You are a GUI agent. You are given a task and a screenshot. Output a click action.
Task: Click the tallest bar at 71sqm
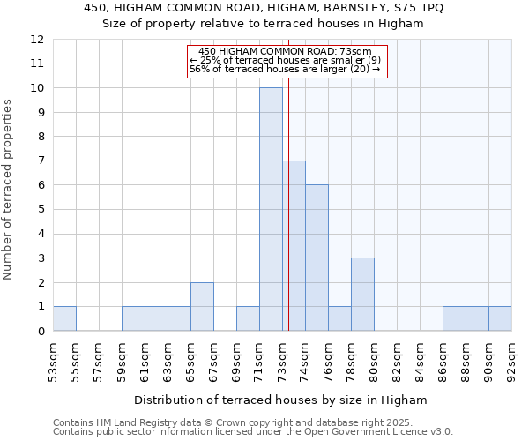point(271,209)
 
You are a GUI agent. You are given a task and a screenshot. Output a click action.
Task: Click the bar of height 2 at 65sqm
point(202,306)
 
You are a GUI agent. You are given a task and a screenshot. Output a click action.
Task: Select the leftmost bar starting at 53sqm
point(64,318)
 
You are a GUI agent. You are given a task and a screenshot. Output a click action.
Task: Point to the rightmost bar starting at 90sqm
point(500,318)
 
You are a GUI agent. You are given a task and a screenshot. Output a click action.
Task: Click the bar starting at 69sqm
point(248,318)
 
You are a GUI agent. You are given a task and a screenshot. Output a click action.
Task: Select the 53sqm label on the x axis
point(53,360)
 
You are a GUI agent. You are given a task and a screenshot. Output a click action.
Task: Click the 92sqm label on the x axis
point(511,360)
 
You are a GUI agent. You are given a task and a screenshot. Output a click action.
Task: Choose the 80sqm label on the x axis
point(374,360)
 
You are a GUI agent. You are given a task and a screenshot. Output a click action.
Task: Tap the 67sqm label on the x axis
point(213,360)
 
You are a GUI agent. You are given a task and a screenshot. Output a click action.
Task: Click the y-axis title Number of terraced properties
point(9,189)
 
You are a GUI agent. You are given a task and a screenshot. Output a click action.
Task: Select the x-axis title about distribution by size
point(280,400)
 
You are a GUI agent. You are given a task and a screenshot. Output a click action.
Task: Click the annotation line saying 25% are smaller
point(286,60)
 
